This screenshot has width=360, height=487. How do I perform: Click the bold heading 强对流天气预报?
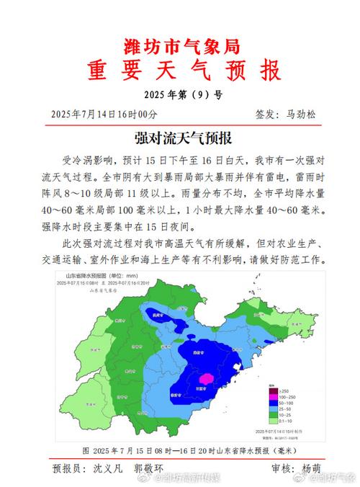pos(180,136)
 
